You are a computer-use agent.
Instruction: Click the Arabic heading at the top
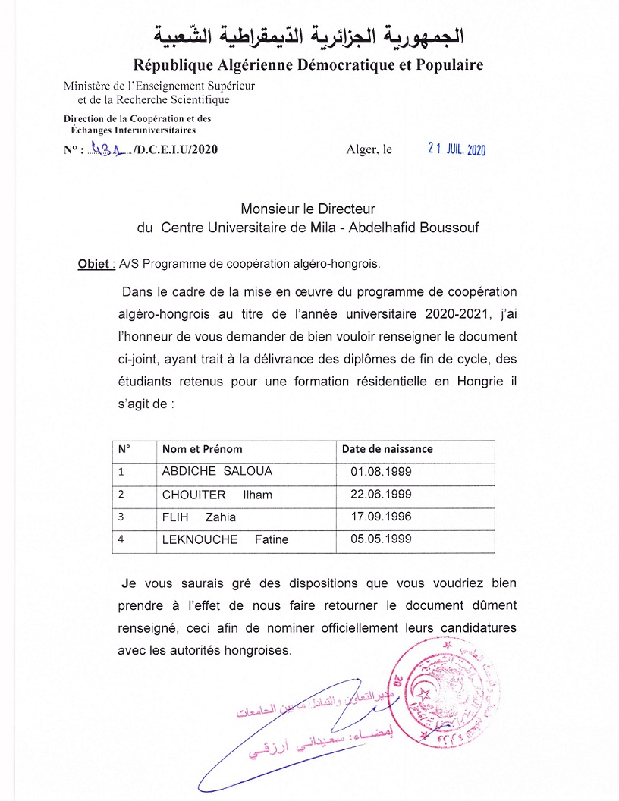click(309, 34)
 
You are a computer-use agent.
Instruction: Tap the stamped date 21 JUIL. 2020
click(456, 149)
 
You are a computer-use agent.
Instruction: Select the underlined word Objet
click(94, 264)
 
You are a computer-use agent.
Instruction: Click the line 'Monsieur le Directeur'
click(308, 208)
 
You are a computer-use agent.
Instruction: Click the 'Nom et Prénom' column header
click(202, 449)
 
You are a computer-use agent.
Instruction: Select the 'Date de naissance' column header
click(387, 449)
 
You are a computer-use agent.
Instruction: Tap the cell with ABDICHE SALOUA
click(217, 471)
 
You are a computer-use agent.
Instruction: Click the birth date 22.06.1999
click(381, 494)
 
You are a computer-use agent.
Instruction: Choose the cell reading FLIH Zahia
click(199, 517)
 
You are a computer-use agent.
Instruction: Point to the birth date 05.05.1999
click(381, 539)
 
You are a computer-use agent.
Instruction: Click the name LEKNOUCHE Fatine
click(225, 539)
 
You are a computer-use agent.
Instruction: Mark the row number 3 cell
click(121, 517)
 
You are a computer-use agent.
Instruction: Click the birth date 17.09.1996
click(381, 517)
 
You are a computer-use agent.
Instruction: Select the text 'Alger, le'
click(369, 149)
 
